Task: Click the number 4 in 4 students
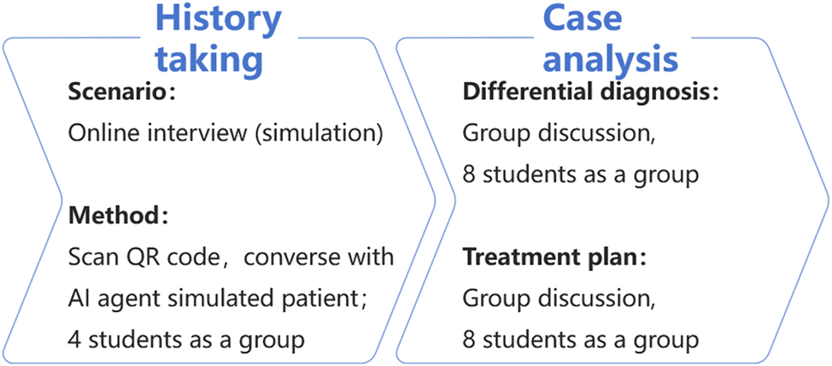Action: coord(74,339)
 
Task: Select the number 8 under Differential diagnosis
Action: coord(469,175)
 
